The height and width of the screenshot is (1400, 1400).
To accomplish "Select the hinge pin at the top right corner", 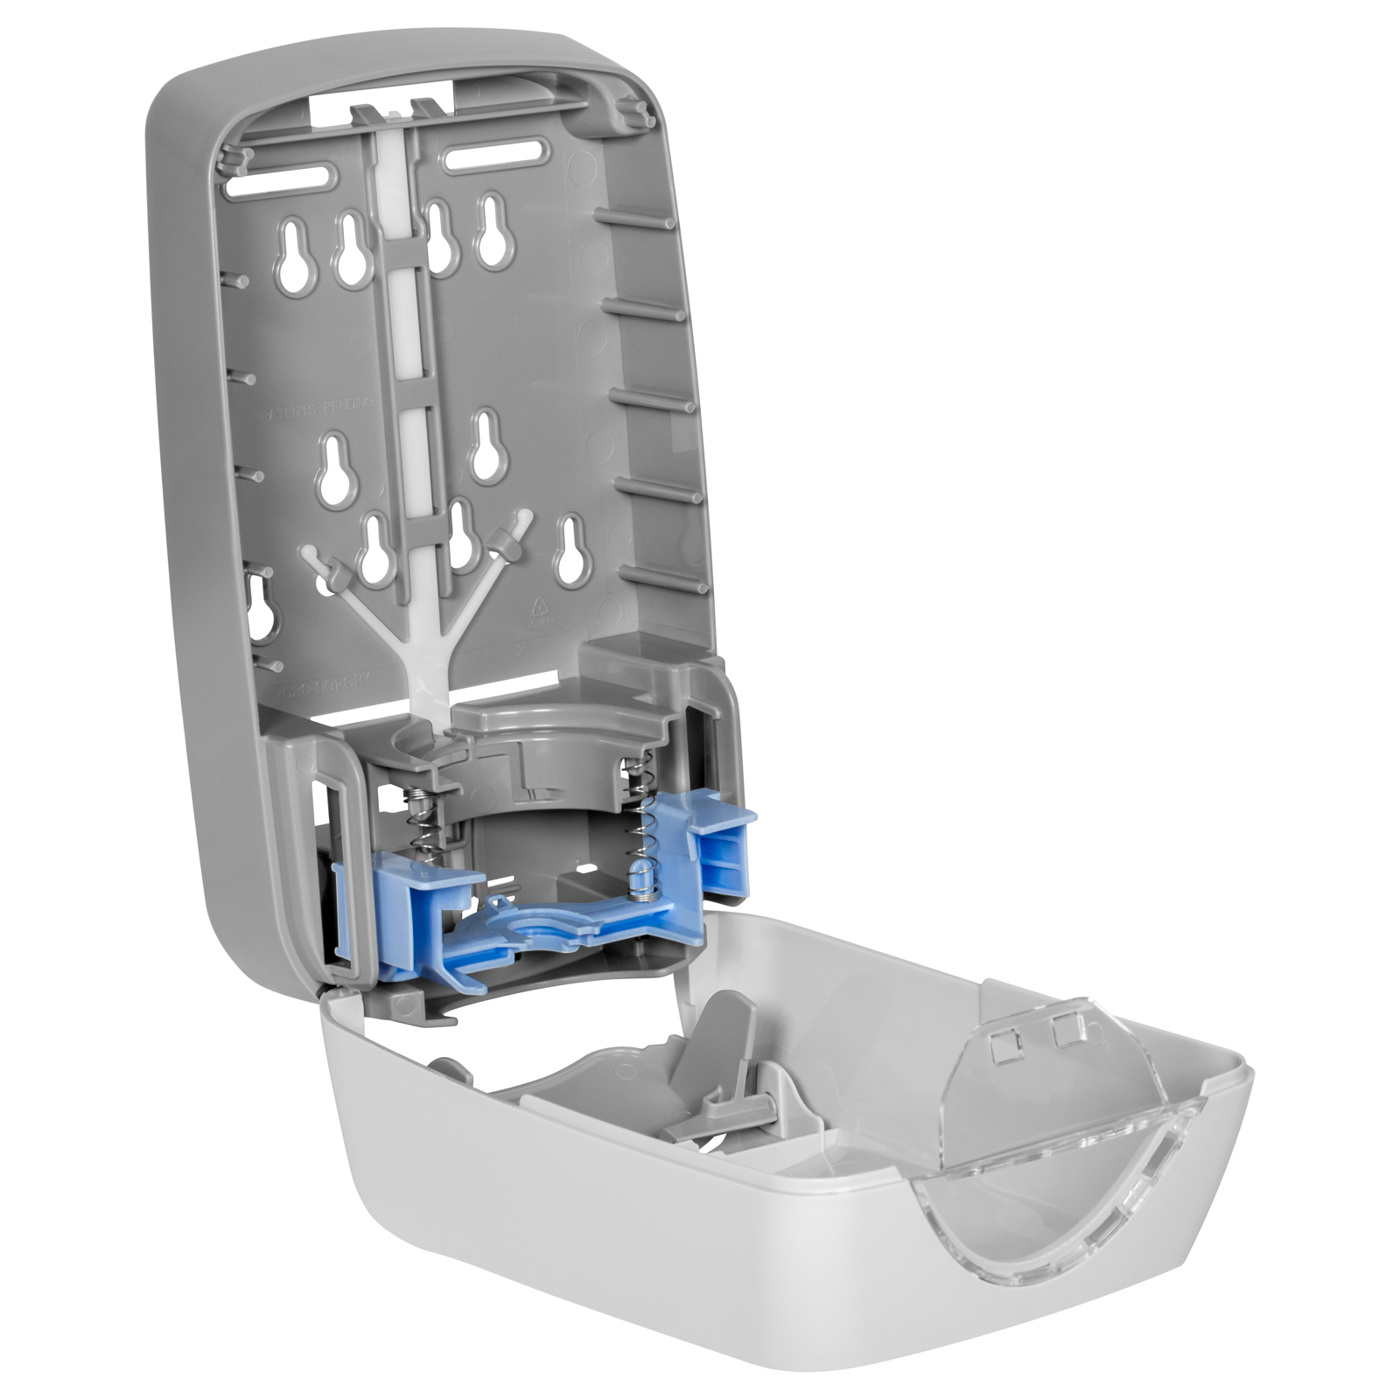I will (x=636, y=111).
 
